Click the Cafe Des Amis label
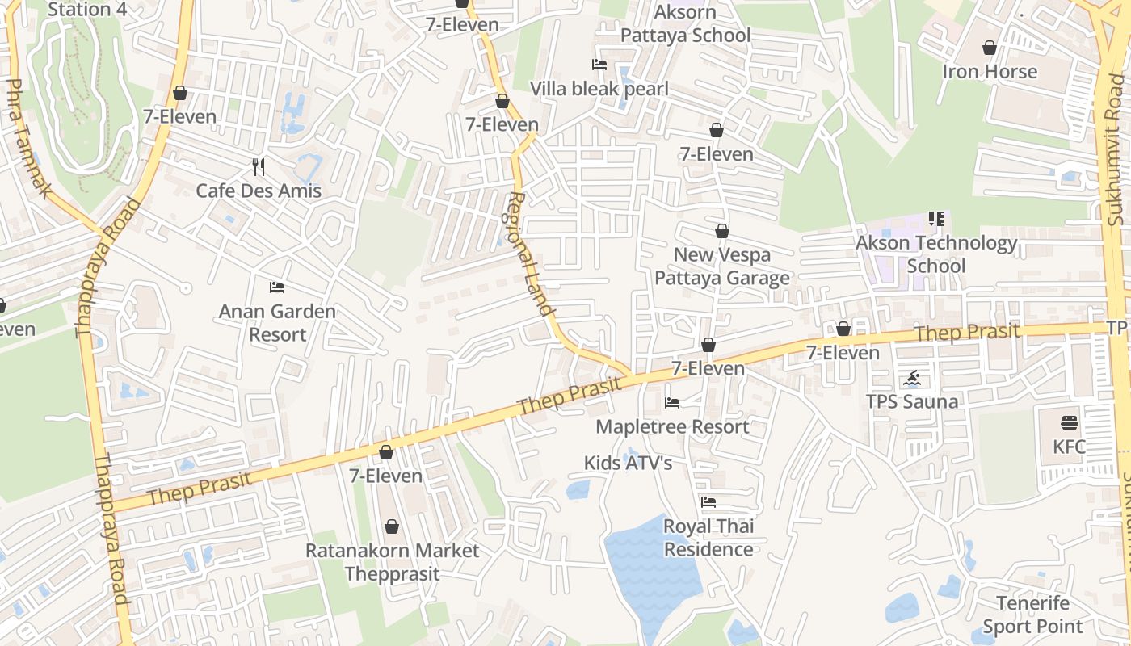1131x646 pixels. tap(259, 191)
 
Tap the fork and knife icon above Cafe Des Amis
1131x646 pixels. tap(259, 167)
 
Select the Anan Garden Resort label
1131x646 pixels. tap(277, 323)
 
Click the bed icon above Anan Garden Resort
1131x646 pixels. tap(277, 287)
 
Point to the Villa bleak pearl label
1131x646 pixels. tap(599, 89)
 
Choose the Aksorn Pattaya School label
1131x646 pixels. tap(685, 24)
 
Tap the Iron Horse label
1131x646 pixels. tap(990, 72)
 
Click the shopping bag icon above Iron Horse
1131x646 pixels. tap(990, 48)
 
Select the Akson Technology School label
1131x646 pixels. tap(936, 254)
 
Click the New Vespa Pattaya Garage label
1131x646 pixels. tap(721, 266)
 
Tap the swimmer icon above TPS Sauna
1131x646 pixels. tap(912, 379)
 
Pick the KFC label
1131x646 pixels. tap(1069, 447)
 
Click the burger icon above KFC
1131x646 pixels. tap(1069, 423)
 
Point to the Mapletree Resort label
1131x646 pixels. tap(672, 426)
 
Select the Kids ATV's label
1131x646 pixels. tap(628, 463)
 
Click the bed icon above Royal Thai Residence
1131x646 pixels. tap(708, 502)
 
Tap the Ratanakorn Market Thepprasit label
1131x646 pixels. tap(392, 562)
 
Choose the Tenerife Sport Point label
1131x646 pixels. tap(1032, 615)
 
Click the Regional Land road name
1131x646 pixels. tap(531, 254)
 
